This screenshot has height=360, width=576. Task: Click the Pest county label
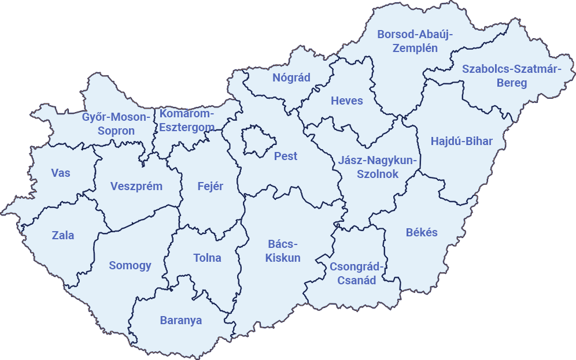click(286, 156)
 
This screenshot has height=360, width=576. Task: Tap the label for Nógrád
click(291, 77)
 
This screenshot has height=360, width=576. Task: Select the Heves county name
click(347, 101)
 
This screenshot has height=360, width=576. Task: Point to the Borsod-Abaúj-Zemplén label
click(415, 41)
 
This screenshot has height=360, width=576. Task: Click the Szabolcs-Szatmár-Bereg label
click(512, 76)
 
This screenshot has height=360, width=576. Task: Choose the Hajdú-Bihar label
click(461, 141)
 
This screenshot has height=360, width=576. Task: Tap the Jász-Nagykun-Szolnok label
click(378, 167)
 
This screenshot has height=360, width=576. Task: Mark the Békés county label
click(422, 232)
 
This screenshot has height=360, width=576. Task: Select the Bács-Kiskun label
click(283, 251)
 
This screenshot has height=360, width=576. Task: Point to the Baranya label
click(181, 320)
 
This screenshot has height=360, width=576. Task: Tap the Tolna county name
click(207, 258)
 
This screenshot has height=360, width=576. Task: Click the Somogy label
click(130, 265)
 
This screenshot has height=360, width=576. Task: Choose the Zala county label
click(63, 235)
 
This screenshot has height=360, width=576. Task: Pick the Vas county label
click(61, 173)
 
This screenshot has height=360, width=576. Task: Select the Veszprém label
click(136, 186)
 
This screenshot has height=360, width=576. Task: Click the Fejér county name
click(210, 186)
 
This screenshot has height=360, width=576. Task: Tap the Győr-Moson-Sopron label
click(116, 124)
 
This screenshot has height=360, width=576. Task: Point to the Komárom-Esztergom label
click(187, 120)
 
